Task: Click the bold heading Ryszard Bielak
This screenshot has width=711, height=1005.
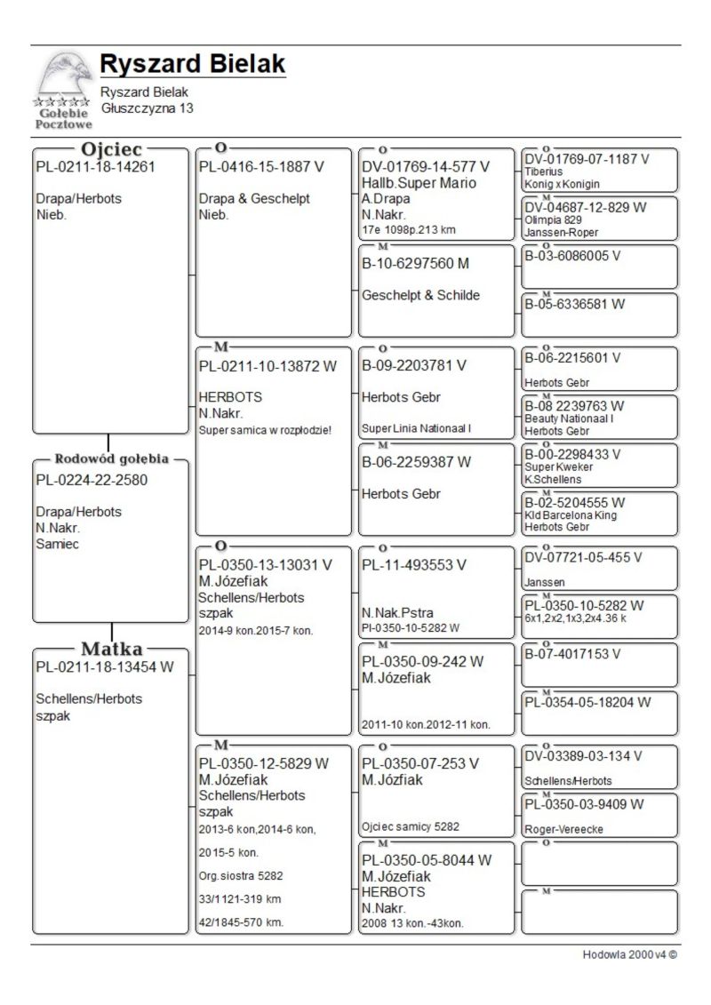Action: coord(192,65)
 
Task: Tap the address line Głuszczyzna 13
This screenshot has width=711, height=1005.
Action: coord(147,108)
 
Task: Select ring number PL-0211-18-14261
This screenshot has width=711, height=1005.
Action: coord(95,166)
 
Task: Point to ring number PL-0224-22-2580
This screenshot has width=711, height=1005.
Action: coord(92,480)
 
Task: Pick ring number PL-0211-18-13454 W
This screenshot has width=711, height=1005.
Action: coord(105,666)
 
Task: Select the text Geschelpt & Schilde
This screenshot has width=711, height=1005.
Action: coord(420,295)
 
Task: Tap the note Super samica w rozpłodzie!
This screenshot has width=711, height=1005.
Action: coord(265,430)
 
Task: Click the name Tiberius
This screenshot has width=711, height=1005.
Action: coord(542,171)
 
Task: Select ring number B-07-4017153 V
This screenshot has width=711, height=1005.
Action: coord(572,654)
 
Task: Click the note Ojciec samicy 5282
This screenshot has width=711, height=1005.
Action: coord(411,826)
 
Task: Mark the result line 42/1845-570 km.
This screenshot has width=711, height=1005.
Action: coord(241,922)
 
